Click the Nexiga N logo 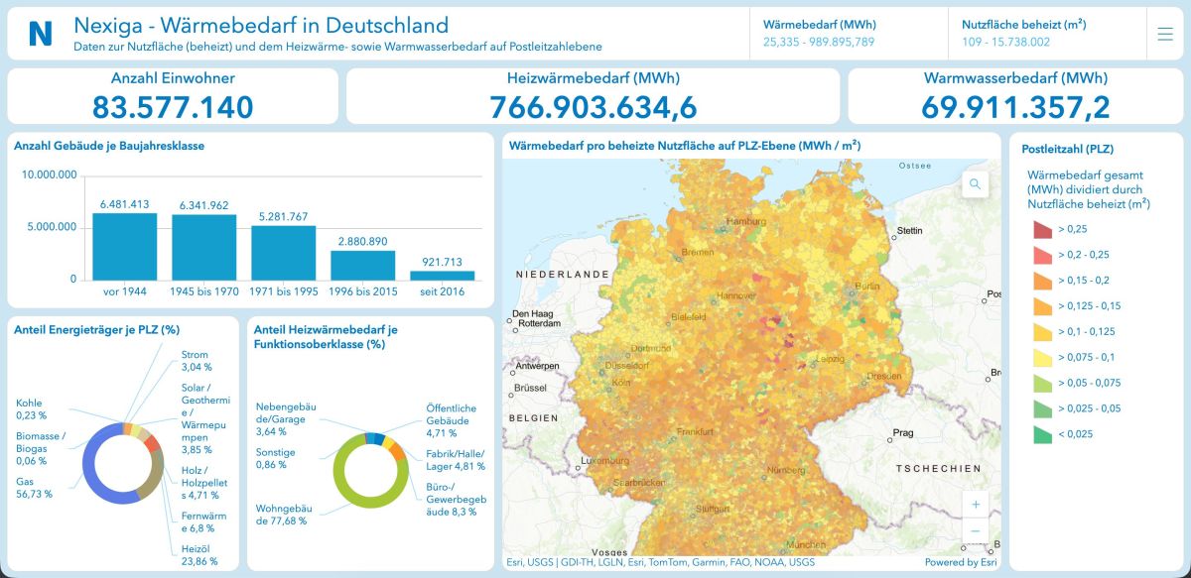(41, 34)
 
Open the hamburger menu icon (1165, 34)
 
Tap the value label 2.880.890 (362, 241)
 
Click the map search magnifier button (976, 183)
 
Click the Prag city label (902, 432)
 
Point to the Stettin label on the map (908, 230)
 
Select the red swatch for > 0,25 (1042, 230)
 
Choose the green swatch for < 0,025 (1042, 434)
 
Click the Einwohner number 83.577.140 (173, 107)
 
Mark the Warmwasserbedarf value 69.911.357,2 (1015, 107)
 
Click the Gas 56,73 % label (34, 487)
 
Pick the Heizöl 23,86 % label (198, 554)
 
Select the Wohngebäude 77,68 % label (282, 514)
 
